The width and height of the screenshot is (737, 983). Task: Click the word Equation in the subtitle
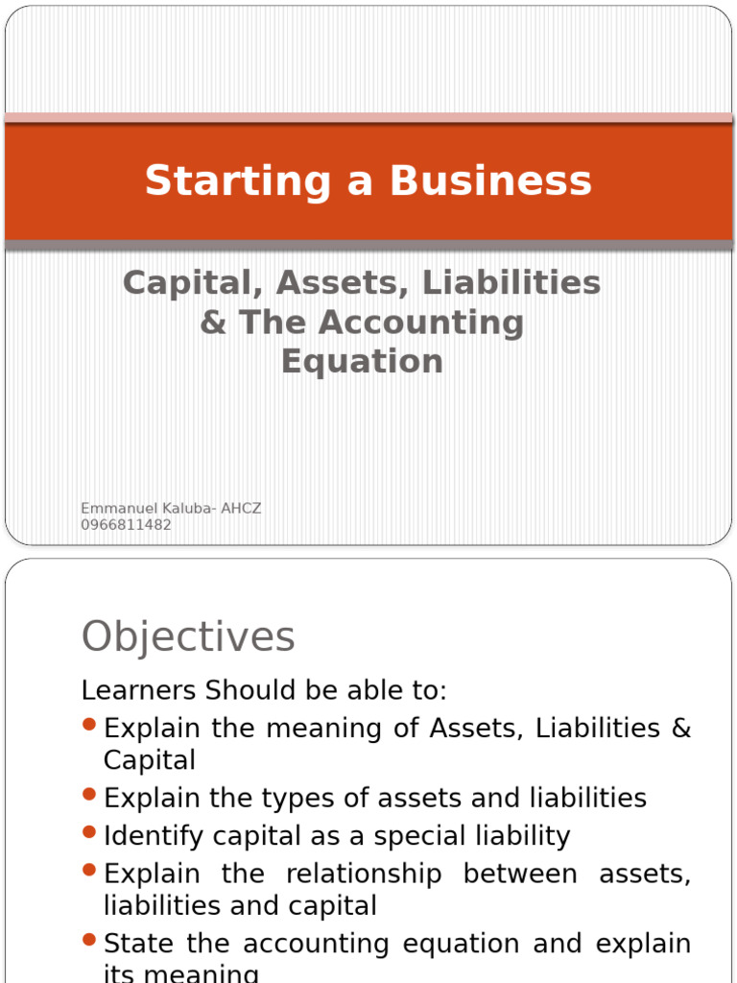(x=362, y=362)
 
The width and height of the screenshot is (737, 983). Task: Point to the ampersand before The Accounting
(x=213, y=323)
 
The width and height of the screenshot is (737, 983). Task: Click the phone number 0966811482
(x=126, y=525)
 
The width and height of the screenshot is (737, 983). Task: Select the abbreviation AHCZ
(x=241, y=509)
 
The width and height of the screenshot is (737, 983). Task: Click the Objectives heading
(x=188, y=636)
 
